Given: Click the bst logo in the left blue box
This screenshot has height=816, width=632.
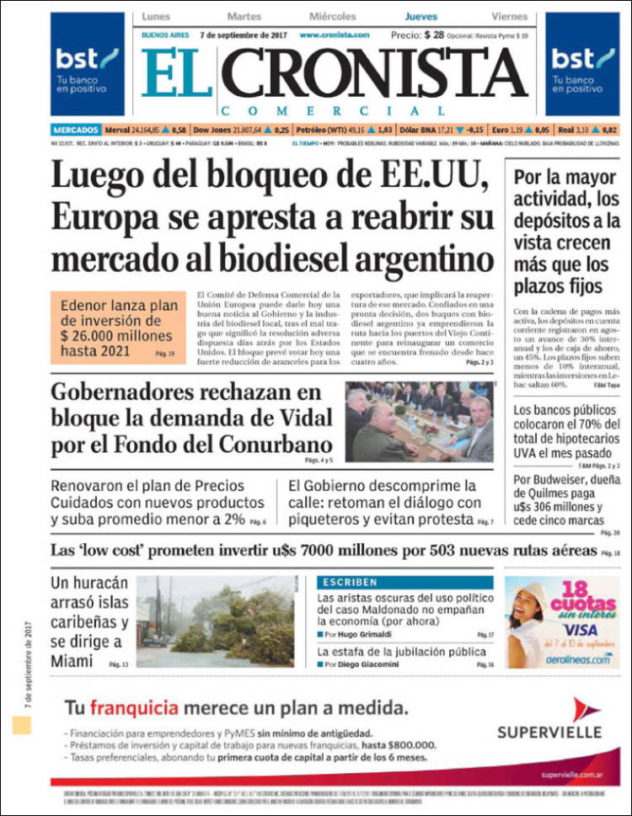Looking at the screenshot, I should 87,59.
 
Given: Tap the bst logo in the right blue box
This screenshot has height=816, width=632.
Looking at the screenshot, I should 583,59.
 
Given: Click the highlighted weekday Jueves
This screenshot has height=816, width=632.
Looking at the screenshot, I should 420,16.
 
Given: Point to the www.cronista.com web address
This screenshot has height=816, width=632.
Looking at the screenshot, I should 335,35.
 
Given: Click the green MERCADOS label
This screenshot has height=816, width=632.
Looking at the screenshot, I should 75,131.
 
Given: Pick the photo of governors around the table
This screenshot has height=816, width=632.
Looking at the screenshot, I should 419,421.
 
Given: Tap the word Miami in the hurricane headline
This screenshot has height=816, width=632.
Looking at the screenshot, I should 72,662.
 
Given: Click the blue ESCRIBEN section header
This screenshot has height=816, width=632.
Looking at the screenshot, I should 349,582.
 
